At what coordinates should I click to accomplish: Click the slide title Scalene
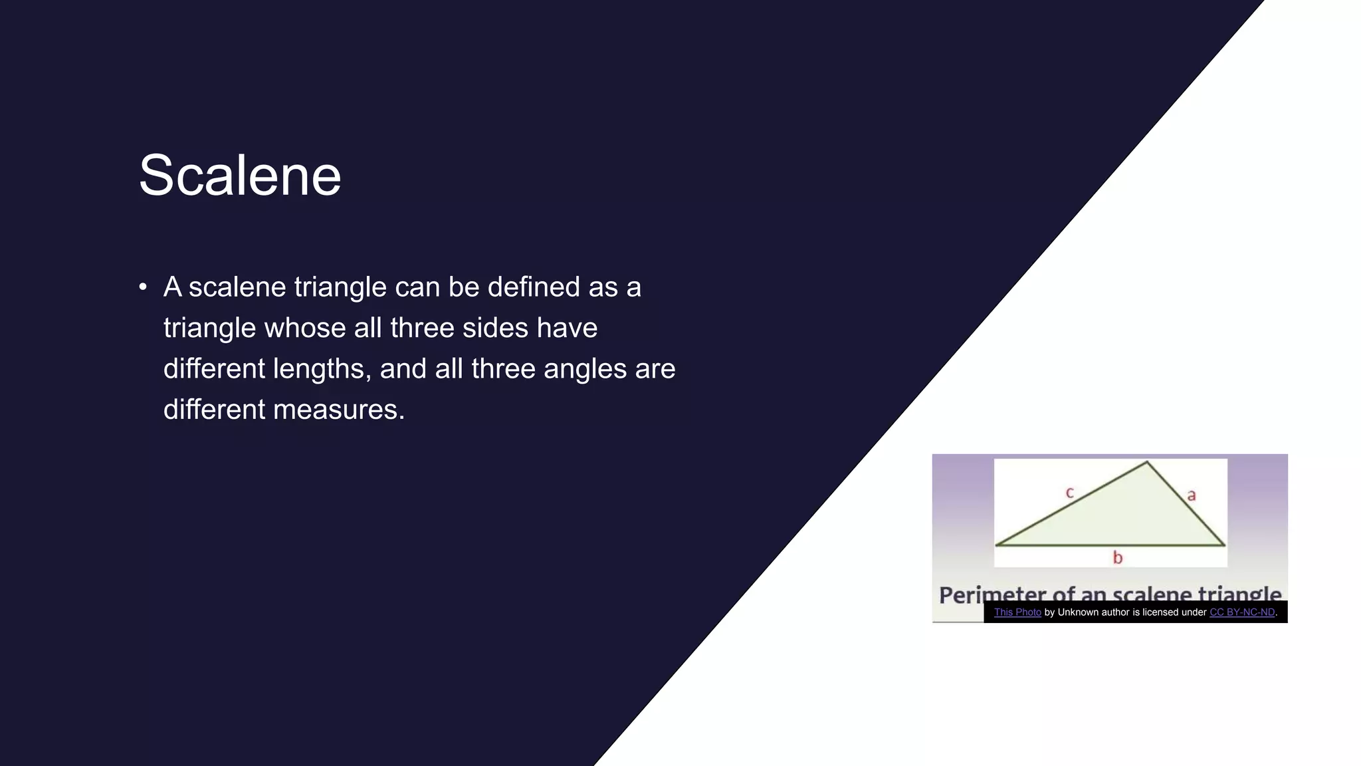point(239,176)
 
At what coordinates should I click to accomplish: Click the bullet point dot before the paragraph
point(143,287)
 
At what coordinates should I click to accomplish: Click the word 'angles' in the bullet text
point(585,369)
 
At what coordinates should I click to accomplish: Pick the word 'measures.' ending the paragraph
point(339,410)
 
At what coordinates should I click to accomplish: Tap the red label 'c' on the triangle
point(1069,493)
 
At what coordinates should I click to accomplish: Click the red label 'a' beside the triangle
point(1192,495)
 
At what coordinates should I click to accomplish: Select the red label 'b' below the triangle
point(1118,558)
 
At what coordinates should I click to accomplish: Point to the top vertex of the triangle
point(1146,462)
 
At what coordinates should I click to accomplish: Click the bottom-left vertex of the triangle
point(997,545)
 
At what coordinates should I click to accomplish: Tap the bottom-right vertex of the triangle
point(1224,545)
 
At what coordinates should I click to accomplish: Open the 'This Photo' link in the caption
point(1017,612)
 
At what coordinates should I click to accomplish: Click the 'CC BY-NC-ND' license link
point(1242,612)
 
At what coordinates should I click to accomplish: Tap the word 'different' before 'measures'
point(214,410)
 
